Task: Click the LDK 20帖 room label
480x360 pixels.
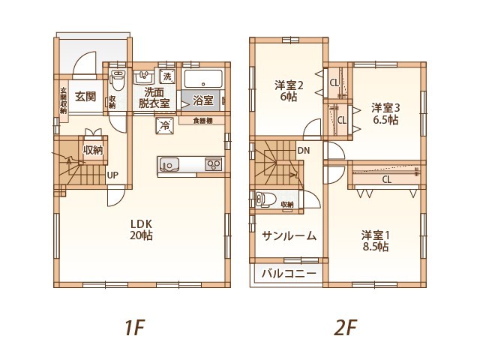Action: [x=142, y=229]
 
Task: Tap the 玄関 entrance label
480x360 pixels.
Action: [x=85, y=97]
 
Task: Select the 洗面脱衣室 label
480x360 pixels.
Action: [x=155, y=98]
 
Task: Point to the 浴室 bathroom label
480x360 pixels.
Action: [x=202, y=100]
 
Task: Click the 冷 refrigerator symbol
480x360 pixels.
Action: [x=163, y=126]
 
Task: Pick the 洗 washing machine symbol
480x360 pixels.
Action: [x=167, y=76]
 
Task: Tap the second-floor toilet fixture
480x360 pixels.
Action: [x=262, y=200]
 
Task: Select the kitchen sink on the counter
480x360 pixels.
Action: [x=168, y=163]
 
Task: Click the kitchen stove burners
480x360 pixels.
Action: [x=213, y=164]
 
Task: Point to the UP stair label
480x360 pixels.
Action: [x=112, y=176]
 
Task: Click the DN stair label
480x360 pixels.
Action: [x=303, y=151]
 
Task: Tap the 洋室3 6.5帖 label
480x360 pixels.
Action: [x=385, y=113]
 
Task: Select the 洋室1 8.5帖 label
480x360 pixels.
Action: [x=374, y=240]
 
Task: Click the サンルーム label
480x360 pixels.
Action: [x=289, y=235]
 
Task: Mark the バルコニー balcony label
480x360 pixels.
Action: [x=289, y=274]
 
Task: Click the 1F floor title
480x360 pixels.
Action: [x=134, y=328]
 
